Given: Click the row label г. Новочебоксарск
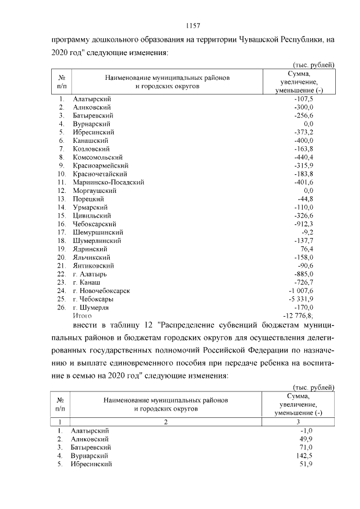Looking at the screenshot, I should (x=101, y=290).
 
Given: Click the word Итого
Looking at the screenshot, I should (x=82, y=316).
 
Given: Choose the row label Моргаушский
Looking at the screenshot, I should (x=93, y=190).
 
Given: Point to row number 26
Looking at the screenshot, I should (x=62, y=307).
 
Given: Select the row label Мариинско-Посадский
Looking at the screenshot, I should (x=109, y=182).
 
